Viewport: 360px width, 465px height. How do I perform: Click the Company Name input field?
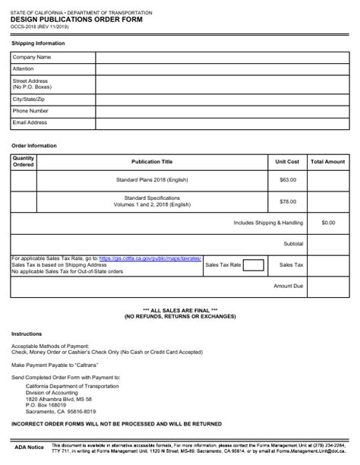222,57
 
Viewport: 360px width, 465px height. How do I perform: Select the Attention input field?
222,68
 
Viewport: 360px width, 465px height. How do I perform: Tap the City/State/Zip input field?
222,99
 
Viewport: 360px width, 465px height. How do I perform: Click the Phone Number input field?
222,111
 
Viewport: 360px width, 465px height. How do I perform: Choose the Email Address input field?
222,122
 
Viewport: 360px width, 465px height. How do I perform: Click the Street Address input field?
222,83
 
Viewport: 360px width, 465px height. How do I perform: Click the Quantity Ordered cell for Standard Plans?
24,179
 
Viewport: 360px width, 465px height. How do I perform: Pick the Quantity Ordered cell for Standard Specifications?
24,201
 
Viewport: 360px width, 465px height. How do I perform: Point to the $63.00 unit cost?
288,179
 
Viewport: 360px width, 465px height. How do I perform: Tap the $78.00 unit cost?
288,201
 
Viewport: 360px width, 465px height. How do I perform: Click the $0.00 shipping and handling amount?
328,223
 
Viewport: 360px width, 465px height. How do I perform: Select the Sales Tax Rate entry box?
254,265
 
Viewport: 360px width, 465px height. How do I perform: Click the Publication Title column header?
152,162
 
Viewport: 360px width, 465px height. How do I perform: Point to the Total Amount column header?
328,162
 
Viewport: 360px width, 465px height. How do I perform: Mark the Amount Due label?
288,286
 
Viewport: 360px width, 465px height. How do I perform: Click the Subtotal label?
293,244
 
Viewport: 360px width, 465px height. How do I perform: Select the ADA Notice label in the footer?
30,448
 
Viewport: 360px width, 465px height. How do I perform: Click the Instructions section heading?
27,334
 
